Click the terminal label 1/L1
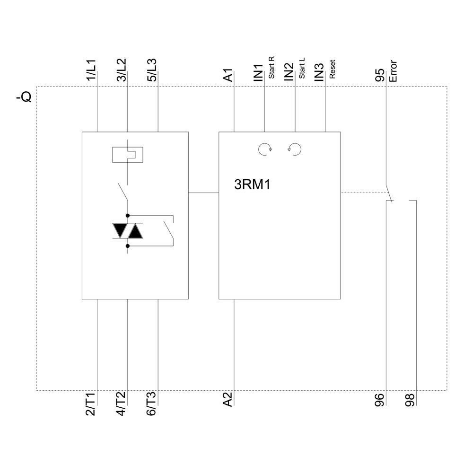[91, 70]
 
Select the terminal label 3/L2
[121, 70]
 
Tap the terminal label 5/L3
[151, 70]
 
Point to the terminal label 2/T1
[91, 404]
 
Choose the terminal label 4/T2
[121, 404]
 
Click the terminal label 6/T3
[151, 404]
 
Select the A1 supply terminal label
[228, 75]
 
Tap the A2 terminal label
[228, 399]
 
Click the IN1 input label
[258, 73]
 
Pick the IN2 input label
[289, 73]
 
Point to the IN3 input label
[319, 73]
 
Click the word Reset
[333, 69]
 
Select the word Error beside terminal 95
[393, 71]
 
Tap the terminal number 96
[380, 401]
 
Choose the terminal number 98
[410, 401]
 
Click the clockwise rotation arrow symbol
[265, 149]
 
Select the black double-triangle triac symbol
[127, 231]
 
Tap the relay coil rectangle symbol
[127, 155]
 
